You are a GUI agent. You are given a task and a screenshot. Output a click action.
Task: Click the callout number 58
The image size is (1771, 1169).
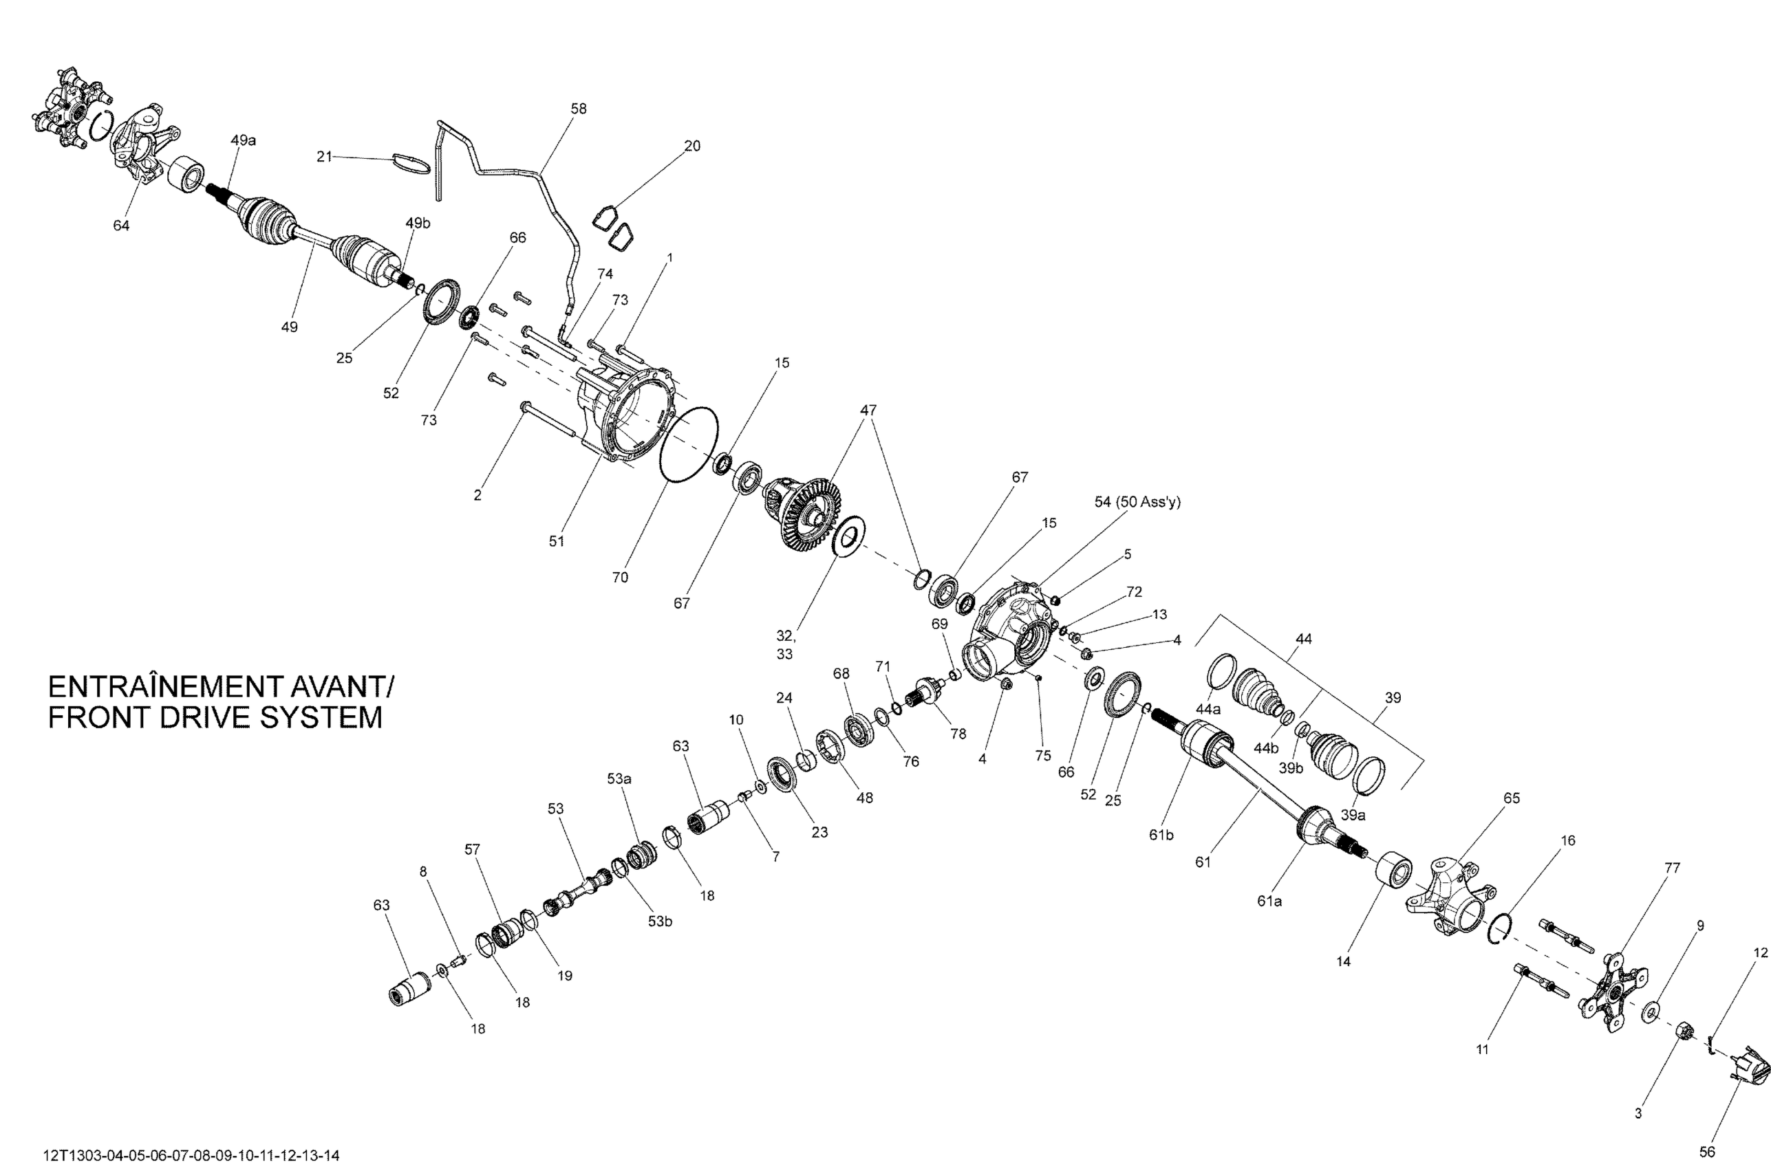[578, 109]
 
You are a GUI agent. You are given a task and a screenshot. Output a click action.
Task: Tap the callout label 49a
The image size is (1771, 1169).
[243, 140]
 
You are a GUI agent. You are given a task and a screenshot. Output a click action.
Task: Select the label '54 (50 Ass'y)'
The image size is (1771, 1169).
[1137, 503]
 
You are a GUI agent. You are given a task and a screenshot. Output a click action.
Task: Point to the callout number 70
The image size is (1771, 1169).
[620, 577]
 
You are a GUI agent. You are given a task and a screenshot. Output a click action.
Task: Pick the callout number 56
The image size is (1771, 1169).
[1707, 1152]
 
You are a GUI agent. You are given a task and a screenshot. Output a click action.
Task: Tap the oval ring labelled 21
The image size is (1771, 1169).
[411, 163]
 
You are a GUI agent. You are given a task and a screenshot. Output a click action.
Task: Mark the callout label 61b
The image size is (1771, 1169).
[1161, 835]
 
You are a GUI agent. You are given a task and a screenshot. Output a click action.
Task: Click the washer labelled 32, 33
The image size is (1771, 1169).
[849, 535]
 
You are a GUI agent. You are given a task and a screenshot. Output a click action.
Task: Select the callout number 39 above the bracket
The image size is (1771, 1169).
[1392, 698]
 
